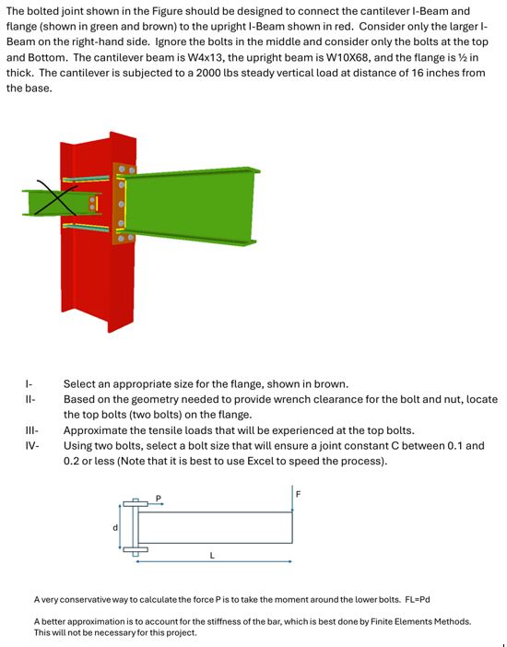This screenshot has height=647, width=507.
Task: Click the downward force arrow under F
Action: click(x=292, y=499)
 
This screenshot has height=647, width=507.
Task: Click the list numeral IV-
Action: click(x=30, y=445)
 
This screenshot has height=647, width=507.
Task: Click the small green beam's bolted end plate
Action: click(x=92, y=203)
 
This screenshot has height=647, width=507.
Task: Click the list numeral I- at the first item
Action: click(x=29, y=382)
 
